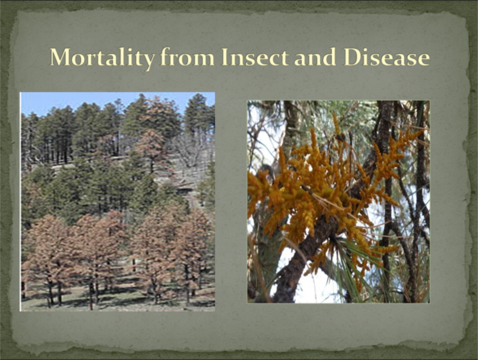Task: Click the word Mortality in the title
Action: pyautogui.click(x=103, y=58)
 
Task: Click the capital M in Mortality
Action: pyautogui.click(x=61, y=57)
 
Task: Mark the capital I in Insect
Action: pyautogui.click(x=226, y=57)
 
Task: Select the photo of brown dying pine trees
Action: pyautogui.click(x=118, y=202)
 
